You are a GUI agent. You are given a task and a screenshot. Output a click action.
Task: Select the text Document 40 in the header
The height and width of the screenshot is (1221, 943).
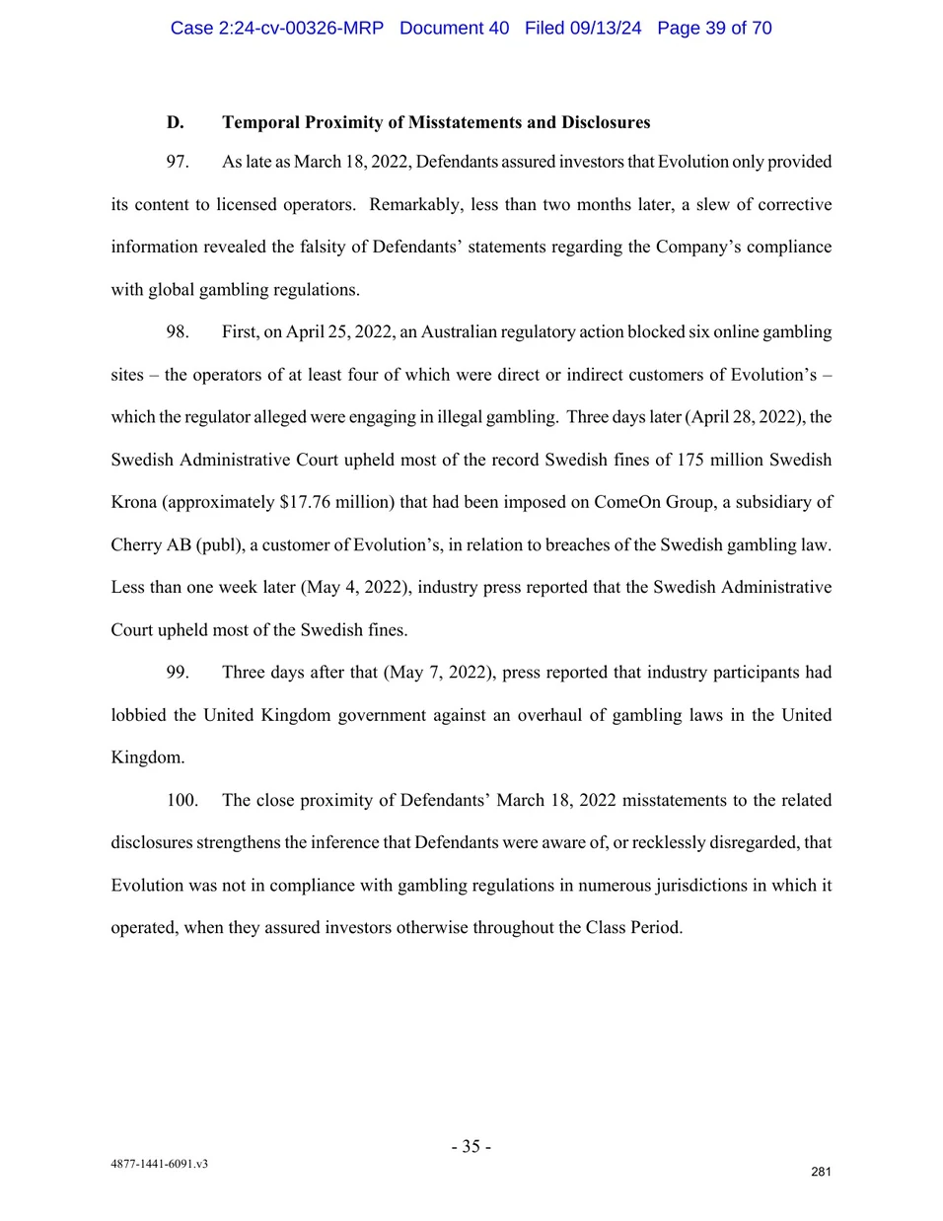[x=454, y=28]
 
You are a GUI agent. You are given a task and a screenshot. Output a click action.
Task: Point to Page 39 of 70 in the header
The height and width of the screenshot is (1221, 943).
[x=714, y=28]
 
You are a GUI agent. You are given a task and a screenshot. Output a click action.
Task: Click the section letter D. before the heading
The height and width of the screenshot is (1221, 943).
[x=176, y=122]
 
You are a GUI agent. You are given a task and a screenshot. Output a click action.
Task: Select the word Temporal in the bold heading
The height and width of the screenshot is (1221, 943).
[x=260, y=122]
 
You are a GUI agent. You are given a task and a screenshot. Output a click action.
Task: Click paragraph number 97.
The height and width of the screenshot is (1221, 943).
[x=178, y=162]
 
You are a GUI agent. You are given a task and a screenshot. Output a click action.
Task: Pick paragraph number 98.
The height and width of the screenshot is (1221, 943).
[x=178, y=331]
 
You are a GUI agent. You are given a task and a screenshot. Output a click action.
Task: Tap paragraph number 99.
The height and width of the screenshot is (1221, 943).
[x=178, y=672]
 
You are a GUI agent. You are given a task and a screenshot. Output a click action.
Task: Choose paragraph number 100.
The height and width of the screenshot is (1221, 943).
[x=181, y=800]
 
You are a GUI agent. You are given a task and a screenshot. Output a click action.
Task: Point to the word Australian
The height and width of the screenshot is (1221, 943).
[x=458, y=331]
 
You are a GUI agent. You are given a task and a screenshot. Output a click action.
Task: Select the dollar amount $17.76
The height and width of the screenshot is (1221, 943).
[x=303, y=502]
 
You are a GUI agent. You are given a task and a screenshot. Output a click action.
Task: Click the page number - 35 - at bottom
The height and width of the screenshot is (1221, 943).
[x=471, y=1146]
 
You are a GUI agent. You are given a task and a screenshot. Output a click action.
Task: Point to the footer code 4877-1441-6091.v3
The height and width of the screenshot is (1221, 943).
[x=159, y=1164]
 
